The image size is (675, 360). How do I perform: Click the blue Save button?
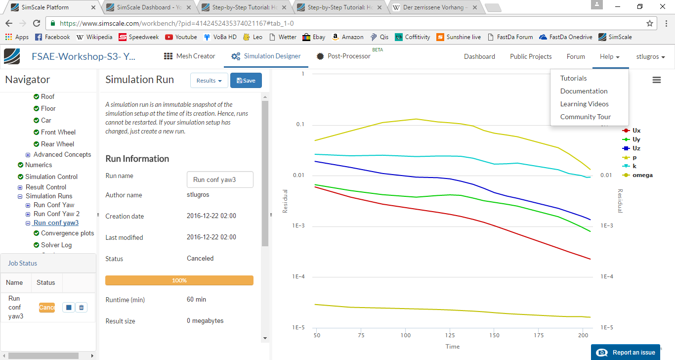coord(246,81)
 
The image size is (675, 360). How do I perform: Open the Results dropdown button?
coord(209,81)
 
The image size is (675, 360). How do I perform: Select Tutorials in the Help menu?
coord(573,78)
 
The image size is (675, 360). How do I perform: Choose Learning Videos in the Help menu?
coord(584,104)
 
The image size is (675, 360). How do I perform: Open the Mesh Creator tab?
coord(190,56)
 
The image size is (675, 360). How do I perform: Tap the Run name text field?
coord(220,180)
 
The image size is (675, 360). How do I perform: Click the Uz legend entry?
coord(636,148)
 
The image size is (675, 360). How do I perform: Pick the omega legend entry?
coord(642,175)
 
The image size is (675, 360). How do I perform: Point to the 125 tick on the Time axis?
coord(449,335)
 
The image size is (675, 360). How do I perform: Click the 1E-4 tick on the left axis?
coord(299,276)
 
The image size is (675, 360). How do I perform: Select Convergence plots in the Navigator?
coord(67,233)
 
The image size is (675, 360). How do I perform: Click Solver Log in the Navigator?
coord(56,245)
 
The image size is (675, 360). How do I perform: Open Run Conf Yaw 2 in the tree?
coord(56,214)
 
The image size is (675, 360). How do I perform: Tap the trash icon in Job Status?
coord(82,308)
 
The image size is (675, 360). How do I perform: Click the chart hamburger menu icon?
coord(656,80)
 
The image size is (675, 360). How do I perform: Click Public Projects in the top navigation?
coord(531,56)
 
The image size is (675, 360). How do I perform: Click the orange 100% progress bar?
coord(179,280)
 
